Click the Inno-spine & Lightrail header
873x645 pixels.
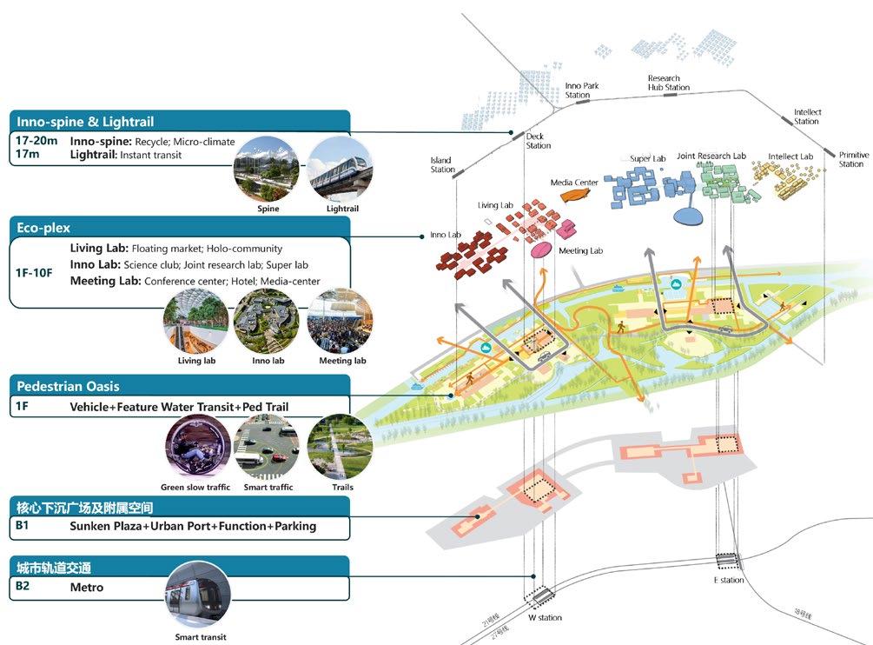(85, 122)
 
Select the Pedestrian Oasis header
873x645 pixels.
(68, 386)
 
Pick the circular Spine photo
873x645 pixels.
(266, 169)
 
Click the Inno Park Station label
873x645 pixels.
(582, 90)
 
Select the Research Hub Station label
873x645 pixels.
(668, 83)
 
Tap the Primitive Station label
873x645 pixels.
(852, 159)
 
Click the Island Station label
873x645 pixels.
(442, 164)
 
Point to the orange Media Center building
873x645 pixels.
(574, 196)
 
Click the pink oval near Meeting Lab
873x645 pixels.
(541, 250)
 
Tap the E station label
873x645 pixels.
(728, 580)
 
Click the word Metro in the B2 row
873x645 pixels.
(87, 588)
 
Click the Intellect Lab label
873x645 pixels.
(790, 156)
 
